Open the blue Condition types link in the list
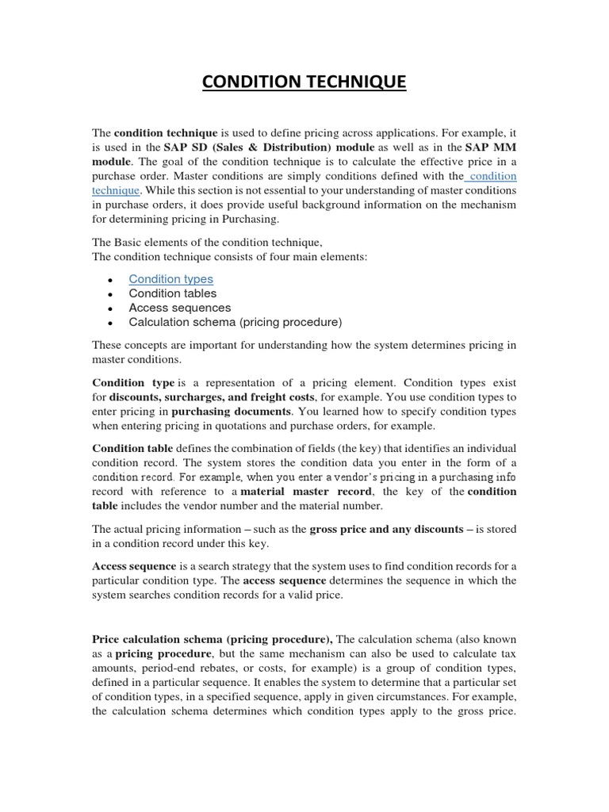coord(170,279)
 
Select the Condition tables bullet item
coord(172,293)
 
